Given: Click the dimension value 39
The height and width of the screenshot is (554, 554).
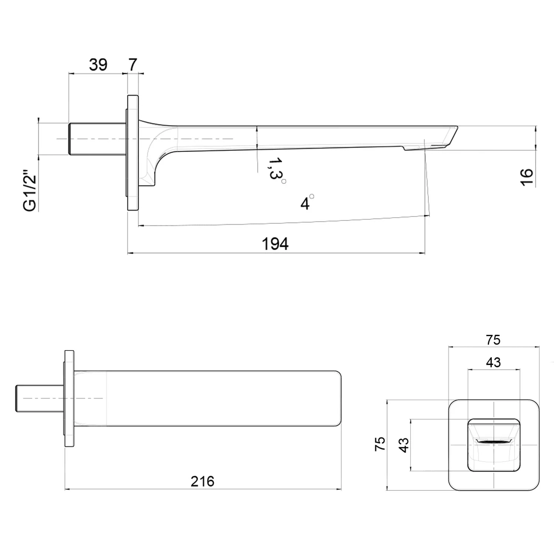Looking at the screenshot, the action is pos(98,65).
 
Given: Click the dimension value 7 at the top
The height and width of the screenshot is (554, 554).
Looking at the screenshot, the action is pos(132,65).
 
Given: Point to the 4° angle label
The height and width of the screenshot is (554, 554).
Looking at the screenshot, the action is pos(307,202).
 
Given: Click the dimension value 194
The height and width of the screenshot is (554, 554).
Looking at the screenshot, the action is pos(275,244).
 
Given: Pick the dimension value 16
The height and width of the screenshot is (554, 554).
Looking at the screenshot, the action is pos(527,178).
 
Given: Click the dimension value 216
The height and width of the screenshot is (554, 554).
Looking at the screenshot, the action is pos(202,481).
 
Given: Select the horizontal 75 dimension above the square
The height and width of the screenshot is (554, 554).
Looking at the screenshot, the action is pos(493,339).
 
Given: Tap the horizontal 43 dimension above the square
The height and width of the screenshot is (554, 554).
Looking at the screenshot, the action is pos(493,362).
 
